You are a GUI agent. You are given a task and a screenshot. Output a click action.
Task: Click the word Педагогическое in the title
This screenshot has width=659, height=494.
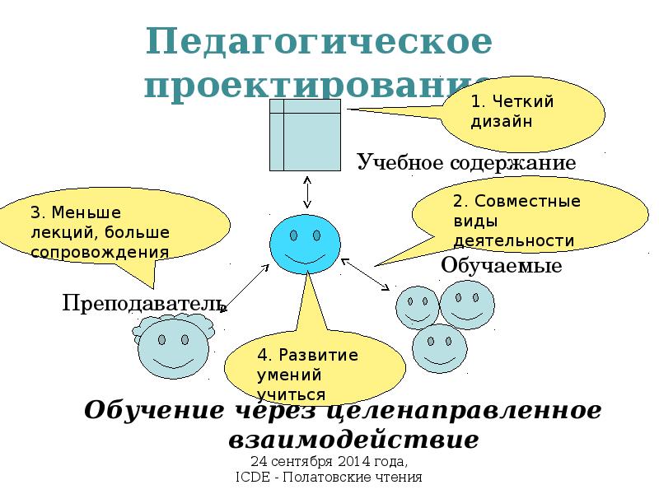319,43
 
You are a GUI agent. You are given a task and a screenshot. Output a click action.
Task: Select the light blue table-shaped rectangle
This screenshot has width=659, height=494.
305,134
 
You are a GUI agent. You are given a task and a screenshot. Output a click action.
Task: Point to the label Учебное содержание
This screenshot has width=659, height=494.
465,162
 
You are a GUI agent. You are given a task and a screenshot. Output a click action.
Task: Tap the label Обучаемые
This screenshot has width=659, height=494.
501,265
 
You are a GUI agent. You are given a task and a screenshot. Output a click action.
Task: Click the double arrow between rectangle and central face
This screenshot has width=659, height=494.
306,192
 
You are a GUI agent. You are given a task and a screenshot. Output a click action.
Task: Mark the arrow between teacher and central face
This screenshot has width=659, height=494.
245,288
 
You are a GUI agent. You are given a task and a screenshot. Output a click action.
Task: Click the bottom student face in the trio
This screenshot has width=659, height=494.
439,348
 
